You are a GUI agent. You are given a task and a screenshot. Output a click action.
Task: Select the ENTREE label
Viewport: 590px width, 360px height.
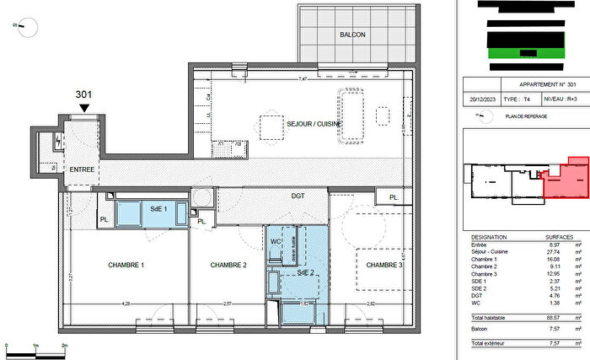[x=82, y=169]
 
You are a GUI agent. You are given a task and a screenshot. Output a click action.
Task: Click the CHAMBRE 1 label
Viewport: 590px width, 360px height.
[x=126, y=266]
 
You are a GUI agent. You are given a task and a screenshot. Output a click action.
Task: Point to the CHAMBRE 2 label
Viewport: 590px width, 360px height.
[x=227, y=266]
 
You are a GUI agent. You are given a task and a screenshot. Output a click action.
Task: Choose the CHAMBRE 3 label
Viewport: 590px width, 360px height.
[x=383, y=266]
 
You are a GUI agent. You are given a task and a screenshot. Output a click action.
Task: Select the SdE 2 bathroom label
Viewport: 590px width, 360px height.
[x=304, y=272]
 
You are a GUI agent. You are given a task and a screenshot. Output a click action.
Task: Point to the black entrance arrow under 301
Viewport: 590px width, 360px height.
[x=83, y=106]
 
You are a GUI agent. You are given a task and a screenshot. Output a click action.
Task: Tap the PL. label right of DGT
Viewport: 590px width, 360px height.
[x=394, y=197]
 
